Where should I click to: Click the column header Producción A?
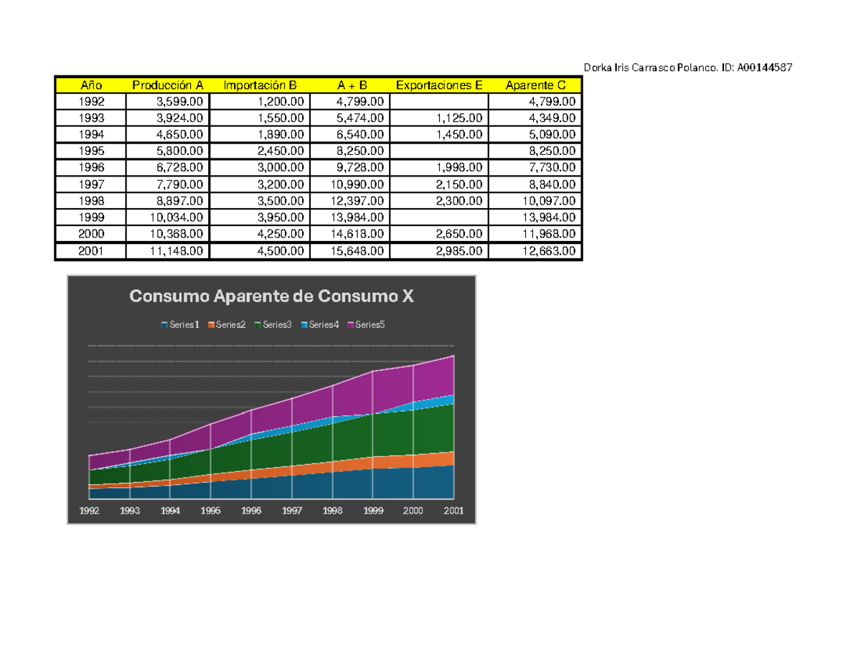coord(168,85)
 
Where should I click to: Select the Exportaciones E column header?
coord(439,85)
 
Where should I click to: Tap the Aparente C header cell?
coord(535,85)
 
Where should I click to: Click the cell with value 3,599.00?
coord(179,102)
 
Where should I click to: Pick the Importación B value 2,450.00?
coord(281,151)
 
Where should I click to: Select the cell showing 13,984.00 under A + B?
coord(357,217)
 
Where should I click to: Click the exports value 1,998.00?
coord(459,168)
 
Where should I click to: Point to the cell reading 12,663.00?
coord(549,251)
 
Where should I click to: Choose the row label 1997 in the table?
coord(91,184)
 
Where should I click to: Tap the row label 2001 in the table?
coord(90,251)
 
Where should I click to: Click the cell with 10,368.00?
coord(176,234)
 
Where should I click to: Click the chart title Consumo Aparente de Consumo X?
coord(271,296)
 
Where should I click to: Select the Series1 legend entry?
coord(180,325)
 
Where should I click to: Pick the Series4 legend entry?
coord(320,325)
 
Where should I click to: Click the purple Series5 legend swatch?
coord(350,325)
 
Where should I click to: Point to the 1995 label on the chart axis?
coord(210,511)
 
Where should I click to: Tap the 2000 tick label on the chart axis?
coord(413,511)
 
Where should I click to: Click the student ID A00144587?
coord(764,67)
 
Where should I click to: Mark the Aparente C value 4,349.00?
coord(552,118)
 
